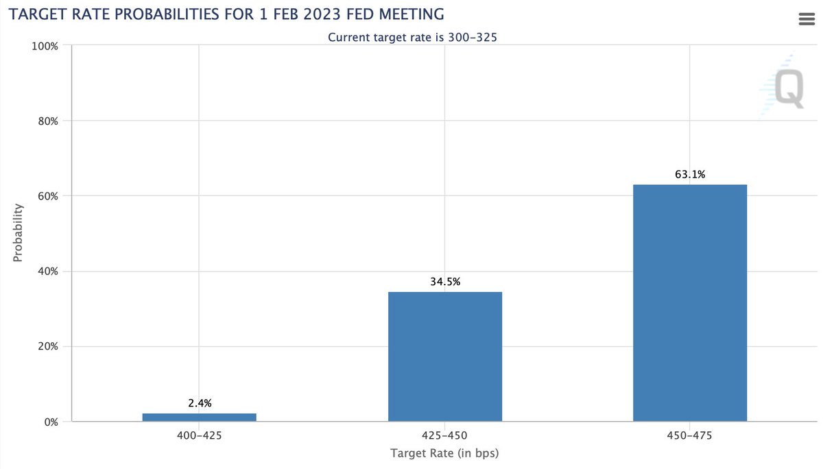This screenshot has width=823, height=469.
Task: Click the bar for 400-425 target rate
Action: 200,417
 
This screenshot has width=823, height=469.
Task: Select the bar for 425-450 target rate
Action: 445,357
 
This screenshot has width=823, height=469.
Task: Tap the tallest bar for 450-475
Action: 689,302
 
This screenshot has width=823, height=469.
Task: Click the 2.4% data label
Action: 200,403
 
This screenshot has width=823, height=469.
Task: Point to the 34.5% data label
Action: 445,282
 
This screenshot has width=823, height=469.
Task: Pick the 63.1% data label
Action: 689,174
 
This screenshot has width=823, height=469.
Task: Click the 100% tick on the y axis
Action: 46,46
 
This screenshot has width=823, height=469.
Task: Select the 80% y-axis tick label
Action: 48,121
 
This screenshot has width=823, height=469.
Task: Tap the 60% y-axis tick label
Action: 48,196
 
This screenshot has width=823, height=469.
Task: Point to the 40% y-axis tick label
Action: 48,272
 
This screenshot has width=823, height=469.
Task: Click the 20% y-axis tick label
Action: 48,346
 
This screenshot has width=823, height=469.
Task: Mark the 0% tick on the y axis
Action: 51,422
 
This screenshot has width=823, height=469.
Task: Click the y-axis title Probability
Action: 19,233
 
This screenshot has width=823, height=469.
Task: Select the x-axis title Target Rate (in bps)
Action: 444,454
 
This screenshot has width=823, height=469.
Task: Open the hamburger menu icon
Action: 806,19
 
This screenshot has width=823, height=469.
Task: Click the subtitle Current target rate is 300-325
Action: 412,37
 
